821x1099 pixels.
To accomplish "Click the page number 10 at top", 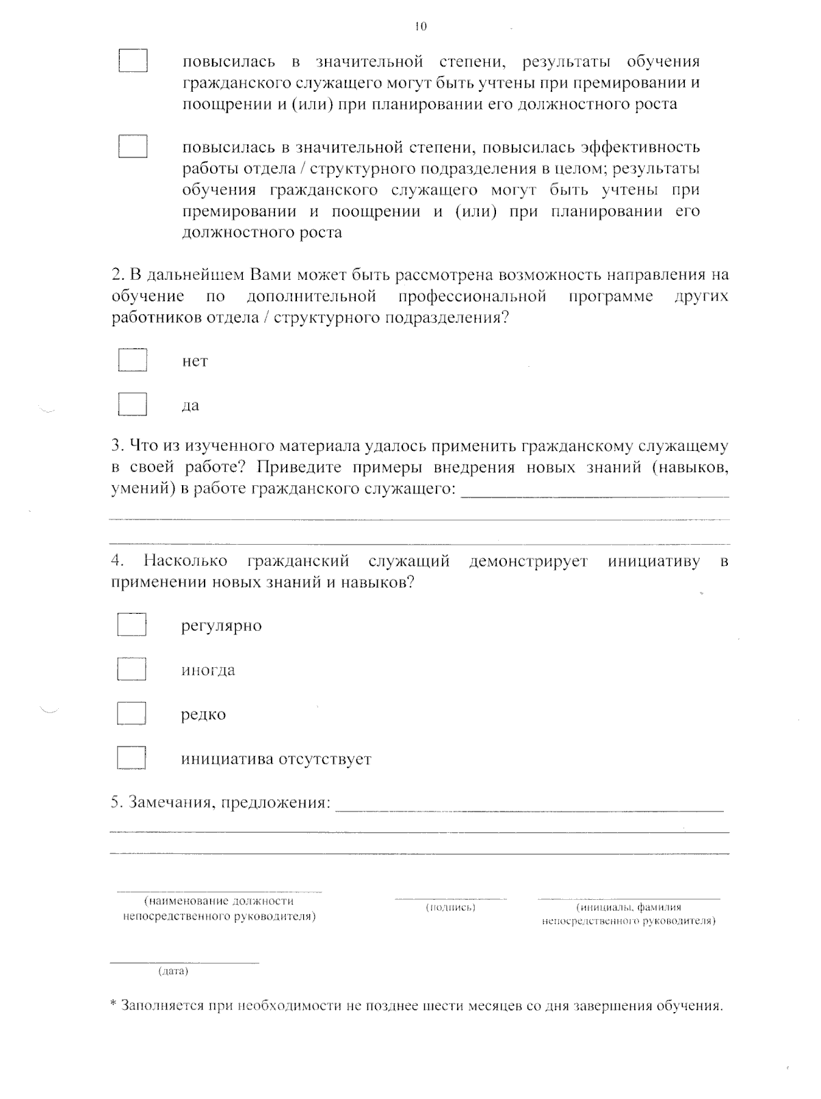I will coord(421,27).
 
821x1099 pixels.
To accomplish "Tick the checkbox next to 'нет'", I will coord(133,360).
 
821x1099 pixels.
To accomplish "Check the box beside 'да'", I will coord(133,404).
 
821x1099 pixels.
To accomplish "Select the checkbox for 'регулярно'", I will coord(131,625).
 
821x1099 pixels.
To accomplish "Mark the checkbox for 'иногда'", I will coord(131,669).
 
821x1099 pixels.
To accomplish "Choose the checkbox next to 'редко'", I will coord(131,714).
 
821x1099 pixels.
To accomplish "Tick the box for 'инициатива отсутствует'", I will coord(131,758).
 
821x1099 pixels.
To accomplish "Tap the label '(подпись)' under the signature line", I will coord(451,907).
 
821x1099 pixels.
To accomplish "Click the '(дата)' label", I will coord(173,971).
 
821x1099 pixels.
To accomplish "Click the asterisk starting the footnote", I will coord(114,1005).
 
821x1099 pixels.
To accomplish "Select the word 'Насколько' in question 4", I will coord(185,561).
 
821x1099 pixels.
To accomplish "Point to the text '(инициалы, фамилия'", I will coord(629,907).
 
